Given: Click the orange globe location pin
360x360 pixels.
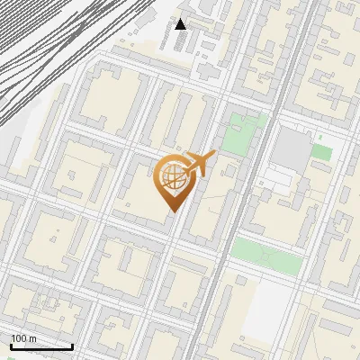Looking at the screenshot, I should coord(173,180).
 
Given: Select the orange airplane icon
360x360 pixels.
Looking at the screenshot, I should coord(201,166).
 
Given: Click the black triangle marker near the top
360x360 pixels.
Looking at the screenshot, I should coord(181,23).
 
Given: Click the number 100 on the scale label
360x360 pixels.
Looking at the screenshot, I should coord(19,338).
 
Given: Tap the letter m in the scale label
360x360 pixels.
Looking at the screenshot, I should coord(32,338).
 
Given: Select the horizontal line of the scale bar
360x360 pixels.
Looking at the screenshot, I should coord(41,347).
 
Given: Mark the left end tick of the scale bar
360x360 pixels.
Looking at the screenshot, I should coord(11,346).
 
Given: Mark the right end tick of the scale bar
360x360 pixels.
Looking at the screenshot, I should coord(72,346).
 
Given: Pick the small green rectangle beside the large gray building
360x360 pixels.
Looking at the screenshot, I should coord(321,151).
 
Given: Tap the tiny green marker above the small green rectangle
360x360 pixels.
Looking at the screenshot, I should coord(318,136).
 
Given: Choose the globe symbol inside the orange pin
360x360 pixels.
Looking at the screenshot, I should coord(173,177).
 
